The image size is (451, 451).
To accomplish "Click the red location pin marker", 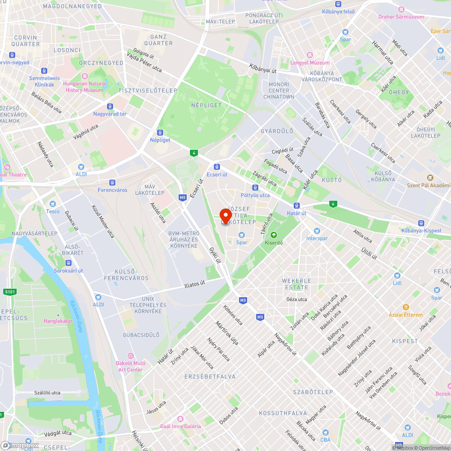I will click(x=225, y=216).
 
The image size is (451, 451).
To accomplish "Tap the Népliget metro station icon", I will click(x=160, y=133).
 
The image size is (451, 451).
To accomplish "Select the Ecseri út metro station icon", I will click(x=217, y=166).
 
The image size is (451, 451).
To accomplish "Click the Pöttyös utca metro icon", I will click(x=255, y=188).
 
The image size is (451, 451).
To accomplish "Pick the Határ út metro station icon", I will click(x=297, y=205).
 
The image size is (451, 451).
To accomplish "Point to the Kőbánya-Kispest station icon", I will click(x=421, y=223).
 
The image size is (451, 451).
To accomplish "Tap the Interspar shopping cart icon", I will click(x=310, y=230).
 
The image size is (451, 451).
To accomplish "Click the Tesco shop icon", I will click(x=52, y=204).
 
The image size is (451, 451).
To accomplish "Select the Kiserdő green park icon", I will click(x=273, y=235).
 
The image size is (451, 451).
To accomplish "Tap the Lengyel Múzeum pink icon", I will click(x=309, y=55).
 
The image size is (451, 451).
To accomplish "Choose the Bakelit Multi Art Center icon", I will click(x=131, y=356).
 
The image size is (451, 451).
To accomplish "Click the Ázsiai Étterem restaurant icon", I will click(x=406, y=307).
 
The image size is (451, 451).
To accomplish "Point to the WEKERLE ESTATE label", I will click(x=296, y=284).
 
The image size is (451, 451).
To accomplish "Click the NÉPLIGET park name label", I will click(x=207, y=105).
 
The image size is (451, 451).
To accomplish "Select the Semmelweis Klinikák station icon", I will click(x=44, y=71).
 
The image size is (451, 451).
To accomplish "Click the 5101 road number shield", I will click(x=10, y=292).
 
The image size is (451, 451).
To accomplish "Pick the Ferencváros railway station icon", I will click(x=112, y=183).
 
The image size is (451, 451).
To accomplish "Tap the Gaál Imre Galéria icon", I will click(x=180, y=419).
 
